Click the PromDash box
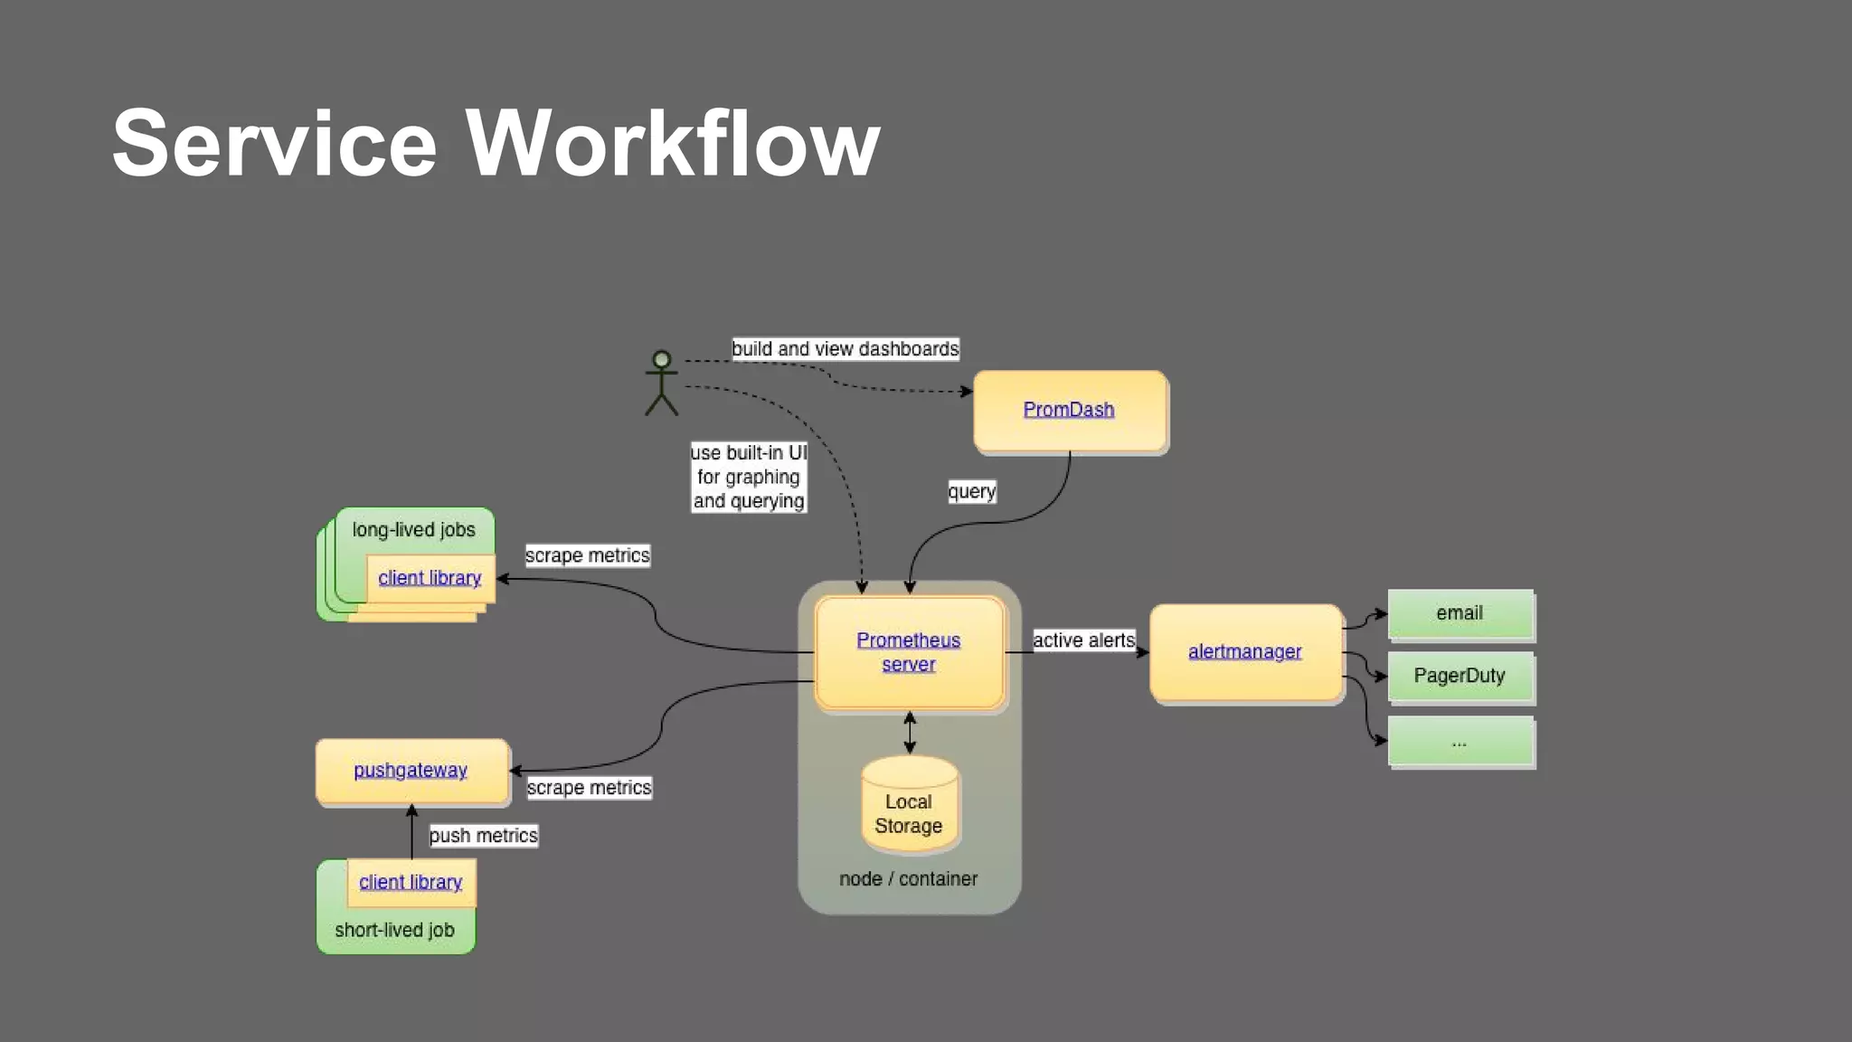1069,410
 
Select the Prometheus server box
909,652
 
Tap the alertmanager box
1244,651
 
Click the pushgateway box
411,771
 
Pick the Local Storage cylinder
909,805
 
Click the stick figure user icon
661,384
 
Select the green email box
1460,613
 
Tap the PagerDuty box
1460,676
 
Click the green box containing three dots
1460,742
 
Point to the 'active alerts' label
1083,640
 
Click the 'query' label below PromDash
971,491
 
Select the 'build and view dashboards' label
845,349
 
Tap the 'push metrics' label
483,836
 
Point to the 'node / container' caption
908,879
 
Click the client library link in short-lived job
411,882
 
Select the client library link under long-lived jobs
430,578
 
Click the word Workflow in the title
672,143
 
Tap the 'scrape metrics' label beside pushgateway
589,788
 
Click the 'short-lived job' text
394,930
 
